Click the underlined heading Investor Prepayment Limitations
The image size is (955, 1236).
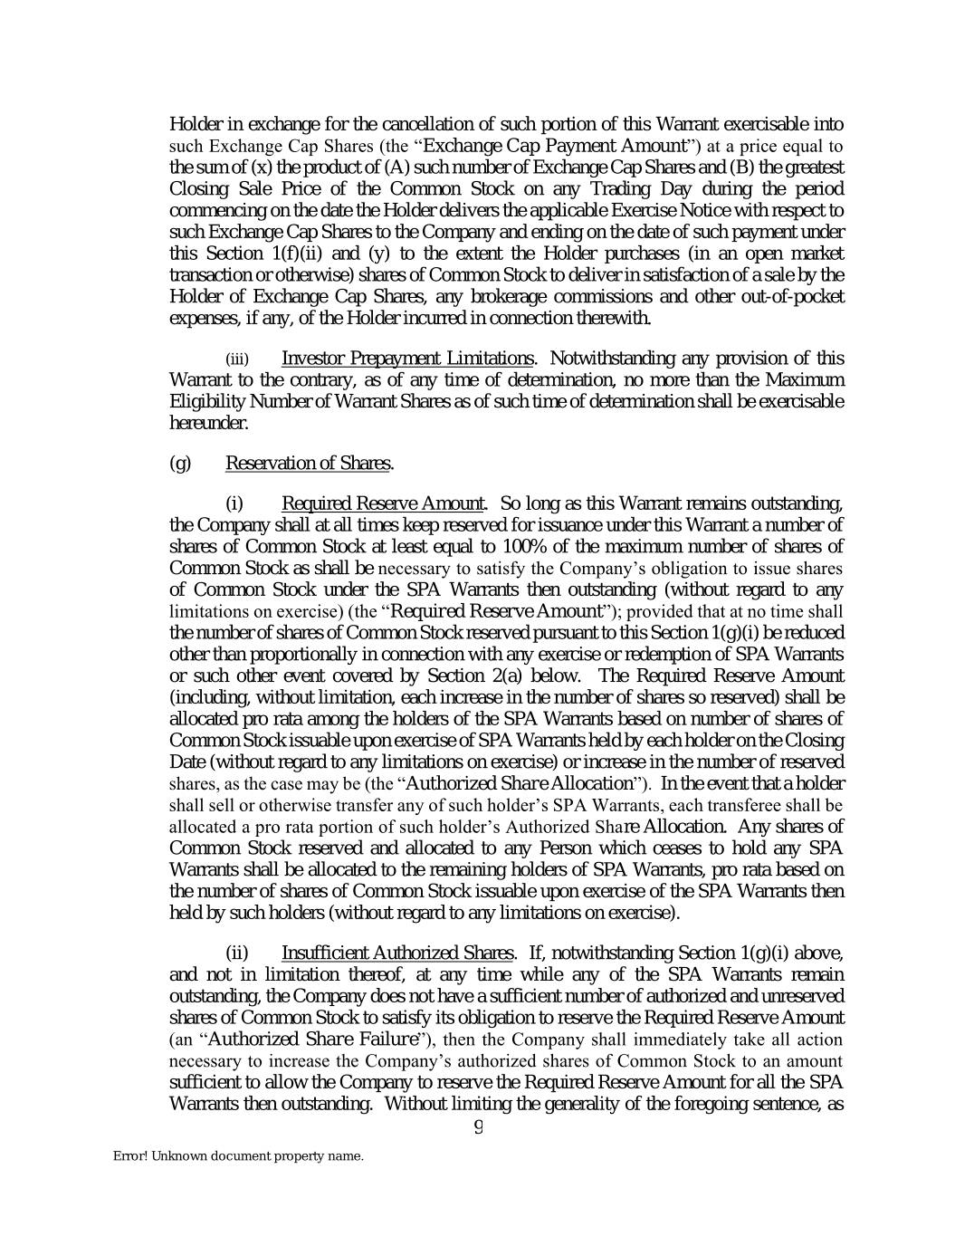407,359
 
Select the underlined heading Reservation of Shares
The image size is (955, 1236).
308,464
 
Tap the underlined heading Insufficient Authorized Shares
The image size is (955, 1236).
398,953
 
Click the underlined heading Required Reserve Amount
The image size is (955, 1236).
385,503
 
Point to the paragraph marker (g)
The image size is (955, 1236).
180,464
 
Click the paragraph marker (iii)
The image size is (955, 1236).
236,359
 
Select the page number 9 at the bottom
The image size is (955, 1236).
478,1127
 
